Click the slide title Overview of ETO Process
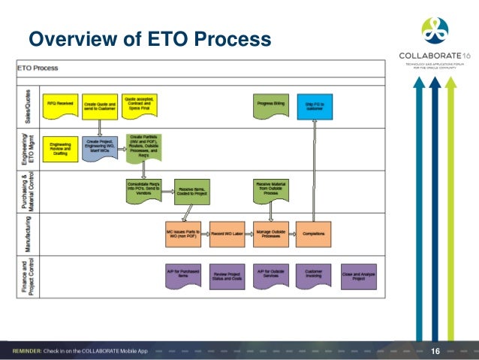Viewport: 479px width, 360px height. coord(149,38)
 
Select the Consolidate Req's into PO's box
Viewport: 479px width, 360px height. coord(143,189)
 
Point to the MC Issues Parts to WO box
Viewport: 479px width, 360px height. coord(184,233)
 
